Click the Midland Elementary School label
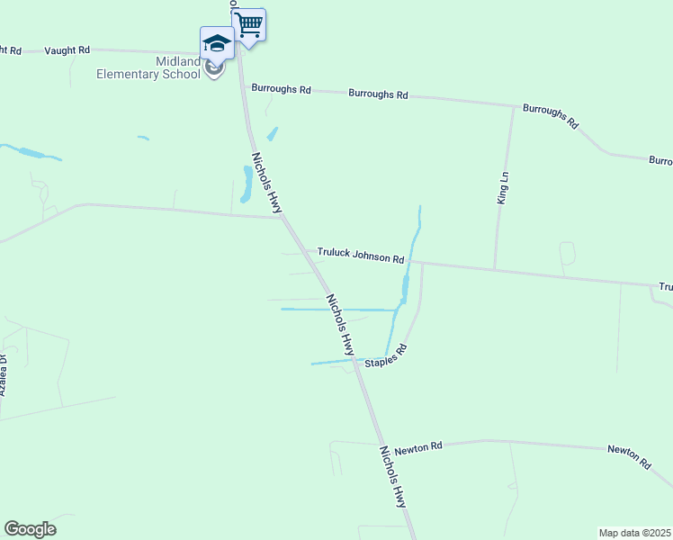(148, 67)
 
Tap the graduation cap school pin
(217, 42)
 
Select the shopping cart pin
(249, 24)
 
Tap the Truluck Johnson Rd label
(360, 256)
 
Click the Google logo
(30, 529)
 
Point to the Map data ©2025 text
(635, 533)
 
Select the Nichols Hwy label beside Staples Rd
(340, 324)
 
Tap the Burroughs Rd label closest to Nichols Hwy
(281, 89)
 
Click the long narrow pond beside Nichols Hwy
(245, 184)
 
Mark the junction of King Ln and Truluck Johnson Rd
(494, 269)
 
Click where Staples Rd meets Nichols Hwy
(355, 361)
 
